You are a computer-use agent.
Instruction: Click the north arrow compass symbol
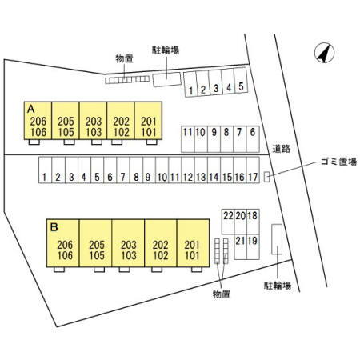click(x=324, y=54)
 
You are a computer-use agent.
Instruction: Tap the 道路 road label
click(x=282, y=149)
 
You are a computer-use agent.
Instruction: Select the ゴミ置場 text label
click(x=338, y=162)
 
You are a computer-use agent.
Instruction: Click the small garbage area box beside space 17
click(x=266, y=178)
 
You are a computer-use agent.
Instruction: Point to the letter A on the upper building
click(x=31, y=109)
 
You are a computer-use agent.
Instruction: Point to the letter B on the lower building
click(x=54, y=227)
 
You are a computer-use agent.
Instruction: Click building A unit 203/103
click(x=93, y=121)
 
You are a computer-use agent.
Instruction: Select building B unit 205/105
click(x=95, y=243)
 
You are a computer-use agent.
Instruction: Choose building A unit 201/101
click(x=148, y=121)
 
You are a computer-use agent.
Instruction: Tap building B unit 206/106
click(x=63, y=243)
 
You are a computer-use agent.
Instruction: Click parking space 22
click(x=228, y=222)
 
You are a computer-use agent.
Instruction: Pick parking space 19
click(x=253, y=246)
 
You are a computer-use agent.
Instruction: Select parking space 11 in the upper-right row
click(x=188, y=139)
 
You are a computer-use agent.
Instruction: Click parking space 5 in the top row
click(x=241, y=80)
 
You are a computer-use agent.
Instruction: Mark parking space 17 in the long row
click(x=253, y=170)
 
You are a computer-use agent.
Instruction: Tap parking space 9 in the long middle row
click(x=149, y=170)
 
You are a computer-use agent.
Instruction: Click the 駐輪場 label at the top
click(x=166, y=50)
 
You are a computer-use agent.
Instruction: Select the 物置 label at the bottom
click(x=222, y=294)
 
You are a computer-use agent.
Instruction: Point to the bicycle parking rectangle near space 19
click(x=277, y=239)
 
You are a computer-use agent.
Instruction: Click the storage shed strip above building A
click(x=127, y=79)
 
